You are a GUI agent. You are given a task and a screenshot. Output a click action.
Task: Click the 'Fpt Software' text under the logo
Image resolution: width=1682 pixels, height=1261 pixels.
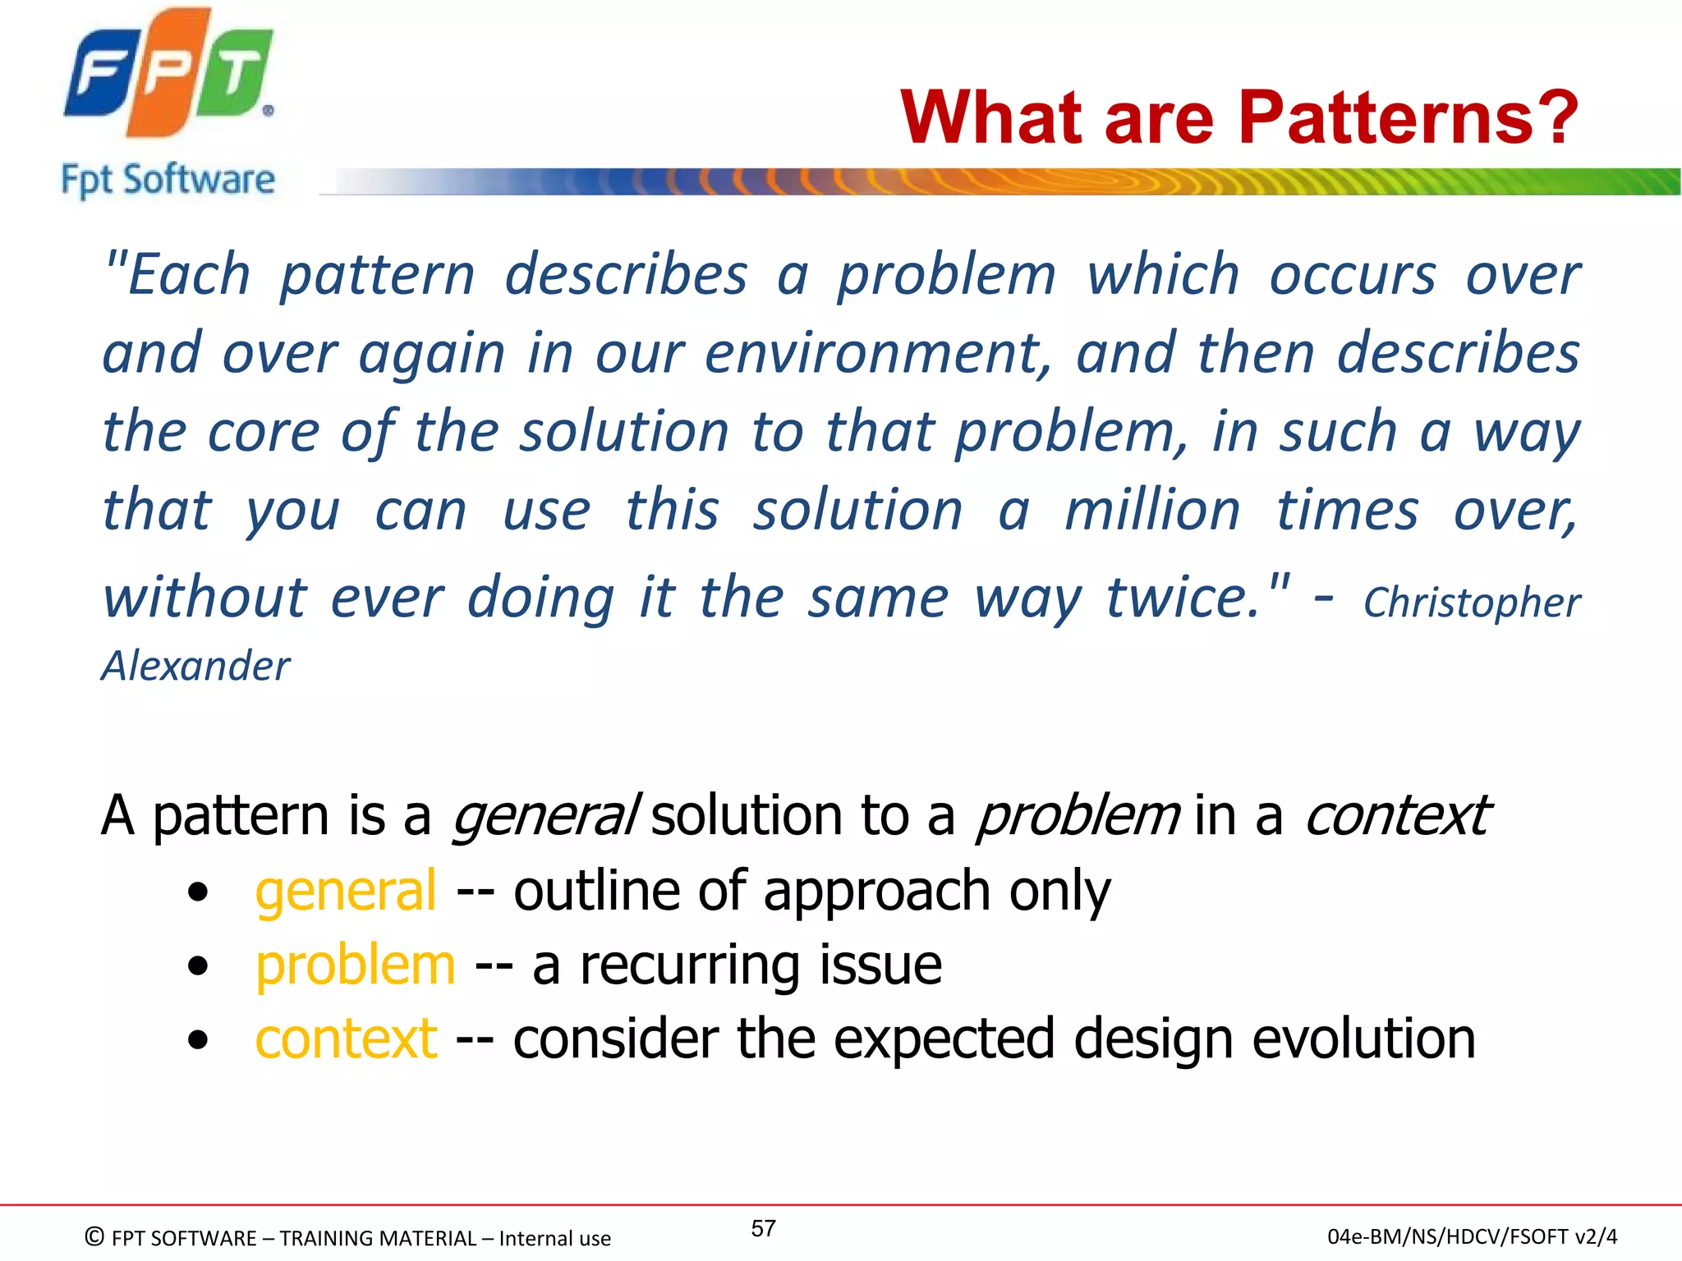[x=168, y=180]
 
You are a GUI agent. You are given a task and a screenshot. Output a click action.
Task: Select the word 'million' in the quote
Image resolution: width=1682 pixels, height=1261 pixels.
[x=1152, y=511]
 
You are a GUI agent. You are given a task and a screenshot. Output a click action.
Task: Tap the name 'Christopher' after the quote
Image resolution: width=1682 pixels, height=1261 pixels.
[x=1472, y=603]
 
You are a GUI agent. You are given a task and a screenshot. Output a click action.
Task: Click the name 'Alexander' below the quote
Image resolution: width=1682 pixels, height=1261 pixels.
[x=195, y=666]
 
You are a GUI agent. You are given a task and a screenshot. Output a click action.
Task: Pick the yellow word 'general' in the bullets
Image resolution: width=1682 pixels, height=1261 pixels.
[x=346, y=892]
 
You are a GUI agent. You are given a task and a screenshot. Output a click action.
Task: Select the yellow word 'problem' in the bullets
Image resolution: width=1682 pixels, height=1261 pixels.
[x=356, y=965]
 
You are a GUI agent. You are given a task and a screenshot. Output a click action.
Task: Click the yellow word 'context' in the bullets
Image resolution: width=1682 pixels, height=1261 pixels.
[x=346, y=1039]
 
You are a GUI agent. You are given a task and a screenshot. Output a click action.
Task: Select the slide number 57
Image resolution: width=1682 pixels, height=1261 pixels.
[x=763, y=1228]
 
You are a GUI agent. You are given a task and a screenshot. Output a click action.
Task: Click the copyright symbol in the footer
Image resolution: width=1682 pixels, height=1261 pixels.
[x=95, y=1236]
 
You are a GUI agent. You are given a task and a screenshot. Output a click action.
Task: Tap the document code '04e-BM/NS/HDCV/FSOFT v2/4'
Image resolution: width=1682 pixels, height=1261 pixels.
[x=1472, y=1236]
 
